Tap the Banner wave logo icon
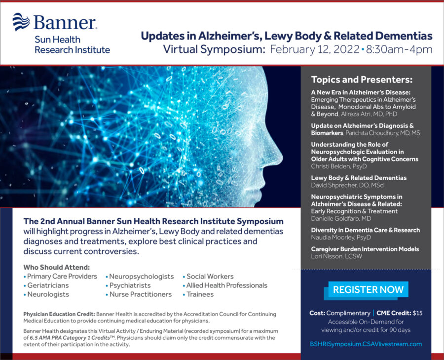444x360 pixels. point(21,22)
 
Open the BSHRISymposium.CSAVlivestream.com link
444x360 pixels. point(366,344)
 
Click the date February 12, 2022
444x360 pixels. point(315,49)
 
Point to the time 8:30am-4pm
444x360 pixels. point(399,49)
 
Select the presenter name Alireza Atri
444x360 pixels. point(357,114)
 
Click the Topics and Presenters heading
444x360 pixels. point(362,80)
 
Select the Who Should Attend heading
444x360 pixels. point(57,267)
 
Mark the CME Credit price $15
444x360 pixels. point(417,313)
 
